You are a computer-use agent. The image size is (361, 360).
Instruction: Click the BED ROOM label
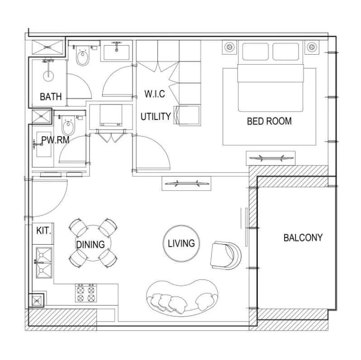269,121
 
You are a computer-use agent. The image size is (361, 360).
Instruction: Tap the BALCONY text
303,238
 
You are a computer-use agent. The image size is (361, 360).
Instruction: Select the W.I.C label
155,94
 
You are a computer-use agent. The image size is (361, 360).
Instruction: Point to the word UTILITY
156,117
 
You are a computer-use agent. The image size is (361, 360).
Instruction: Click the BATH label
51,97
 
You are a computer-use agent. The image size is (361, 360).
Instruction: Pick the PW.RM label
55,140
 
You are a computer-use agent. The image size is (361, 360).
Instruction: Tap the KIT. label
43,230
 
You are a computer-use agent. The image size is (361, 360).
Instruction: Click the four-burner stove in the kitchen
86,293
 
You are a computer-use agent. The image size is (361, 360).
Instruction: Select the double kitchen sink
43,263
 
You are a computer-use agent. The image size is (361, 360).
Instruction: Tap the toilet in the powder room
68,126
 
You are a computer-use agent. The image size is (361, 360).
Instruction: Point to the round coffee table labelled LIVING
181,243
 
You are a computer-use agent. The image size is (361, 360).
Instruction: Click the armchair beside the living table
226,255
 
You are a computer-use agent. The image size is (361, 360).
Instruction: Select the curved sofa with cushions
182,298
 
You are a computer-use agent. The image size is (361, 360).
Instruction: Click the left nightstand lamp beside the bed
229,47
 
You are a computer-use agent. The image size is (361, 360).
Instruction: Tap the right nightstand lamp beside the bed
312,47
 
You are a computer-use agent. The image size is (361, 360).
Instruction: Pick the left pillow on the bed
255,52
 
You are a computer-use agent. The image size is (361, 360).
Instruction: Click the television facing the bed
271,158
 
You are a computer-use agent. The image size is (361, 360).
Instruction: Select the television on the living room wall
186,184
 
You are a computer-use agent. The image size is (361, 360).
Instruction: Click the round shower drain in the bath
48,76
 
